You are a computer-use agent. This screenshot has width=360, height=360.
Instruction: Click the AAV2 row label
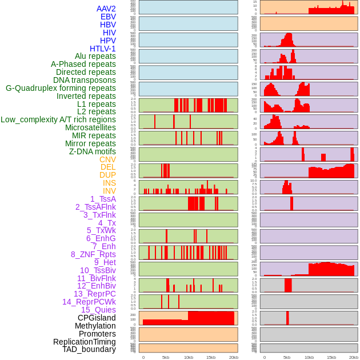tap(106, 9)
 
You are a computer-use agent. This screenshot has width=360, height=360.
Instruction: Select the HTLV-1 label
tap(102, 49)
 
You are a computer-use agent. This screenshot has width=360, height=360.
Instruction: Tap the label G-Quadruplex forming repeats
tap(61, 88)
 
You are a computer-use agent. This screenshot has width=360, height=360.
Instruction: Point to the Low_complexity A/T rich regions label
tap(58, 119)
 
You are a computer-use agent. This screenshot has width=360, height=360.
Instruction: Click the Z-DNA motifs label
tap(93, 151)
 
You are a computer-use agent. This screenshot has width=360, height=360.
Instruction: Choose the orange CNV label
tap(107, 159)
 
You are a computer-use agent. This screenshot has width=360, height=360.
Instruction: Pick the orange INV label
tap(109, 191)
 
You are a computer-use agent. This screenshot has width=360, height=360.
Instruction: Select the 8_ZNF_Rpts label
tap(93, 254)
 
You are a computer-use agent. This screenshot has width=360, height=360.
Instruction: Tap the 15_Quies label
tap(98, 310)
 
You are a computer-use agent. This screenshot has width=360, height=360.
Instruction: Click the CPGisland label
tap(97, 318)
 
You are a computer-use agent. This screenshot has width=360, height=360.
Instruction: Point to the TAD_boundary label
tap(89, 349)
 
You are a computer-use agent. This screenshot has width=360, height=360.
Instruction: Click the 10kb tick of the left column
tap(188, 357)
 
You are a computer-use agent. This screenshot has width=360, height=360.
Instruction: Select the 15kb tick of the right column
tap(331, 357)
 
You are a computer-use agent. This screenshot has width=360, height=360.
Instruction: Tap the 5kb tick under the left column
tap(166, 357)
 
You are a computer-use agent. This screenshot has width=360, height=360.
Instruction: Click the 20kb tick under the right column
tap(354, 357)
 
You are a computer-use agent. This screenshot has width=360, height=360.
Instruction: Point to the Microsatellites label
tap(90, 127)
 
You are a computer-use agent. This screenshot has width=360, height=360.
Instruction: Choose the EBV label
tap(108, 17)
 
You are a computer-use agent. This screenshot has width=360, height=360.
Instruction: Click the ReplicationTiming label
tap(85, 342)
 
